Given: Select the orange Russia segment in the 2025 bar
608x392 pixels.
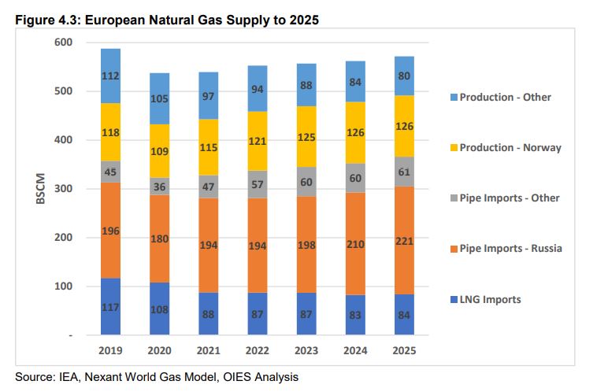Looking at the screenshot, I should coord(404,240).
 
